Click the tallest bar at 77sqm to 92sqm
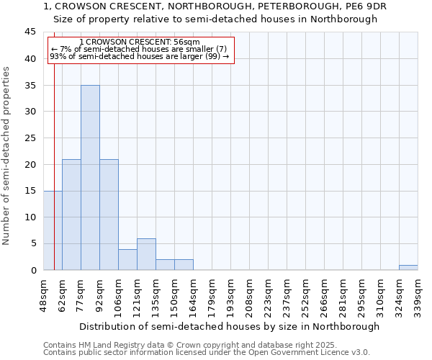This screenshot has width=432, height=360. (90, 177)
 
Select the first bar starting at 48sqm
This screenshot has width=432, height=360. (53, 230)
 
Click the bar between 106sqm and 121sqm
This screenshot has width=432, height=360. (127, 259)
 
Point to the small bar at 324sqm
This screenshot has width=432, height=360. (408, 267)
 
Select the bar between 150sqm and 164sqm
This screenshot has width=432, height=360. (184, 264)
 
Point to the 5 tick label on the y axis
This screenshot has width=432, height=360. (32, 243)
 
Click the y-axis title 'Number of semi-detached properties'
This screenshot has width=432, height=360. (7, 156)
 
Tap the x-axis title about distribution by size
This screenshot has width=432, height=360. (229, 326)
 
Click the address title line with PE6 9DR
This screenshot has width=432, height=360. (215, 6)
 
